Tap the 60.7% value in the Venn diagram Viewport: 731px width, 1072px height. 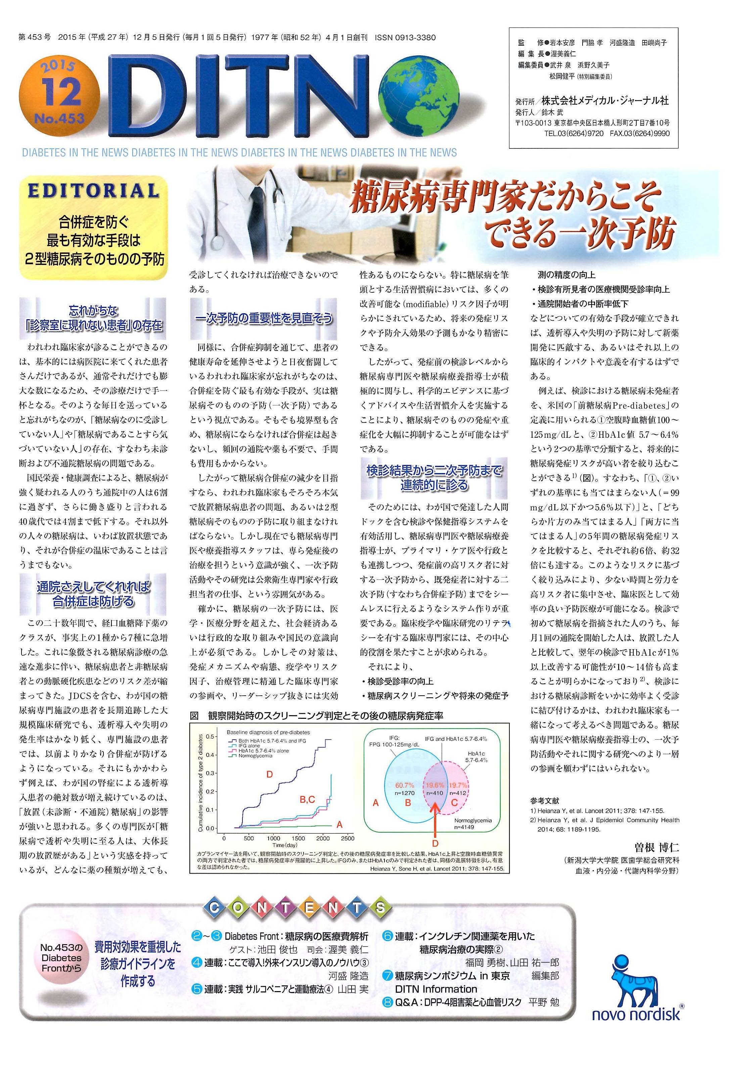[405, 785]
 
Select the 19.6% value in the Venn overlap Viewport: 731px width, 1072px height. [435, 785]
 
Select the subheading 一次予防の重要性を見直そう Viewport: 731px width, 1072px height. [263, 318]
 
